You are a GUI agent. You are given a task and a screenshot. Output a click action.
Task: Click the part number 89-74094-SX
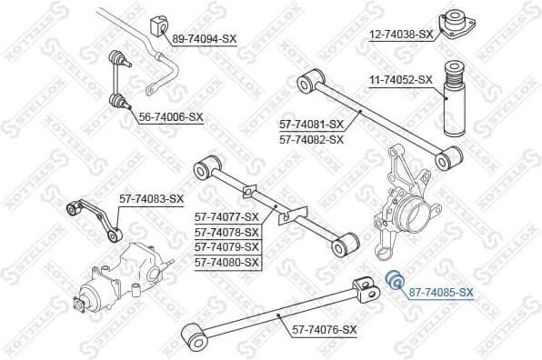click(205, 39)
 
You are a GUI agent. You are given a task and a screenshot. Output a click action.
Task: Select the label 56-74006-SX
click(171, 116)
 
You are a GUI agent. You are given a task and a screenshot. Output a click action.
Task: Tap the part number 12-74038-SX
click(401, 34)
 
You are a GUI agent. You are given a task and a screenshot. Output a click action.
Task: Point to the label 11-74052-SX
click(400, 80)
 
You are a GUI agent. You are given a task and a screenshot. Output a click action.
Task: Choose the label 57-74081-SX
click(311, 124)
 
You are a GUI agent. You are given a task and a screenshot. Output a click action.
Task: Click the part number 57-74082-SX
click(311, 139)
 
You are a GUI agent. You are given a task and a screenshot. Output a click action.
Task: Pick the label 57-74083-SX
click(151, 198)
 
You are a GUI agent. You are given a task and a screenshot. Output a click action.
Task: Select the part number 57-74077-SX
click(226, 216)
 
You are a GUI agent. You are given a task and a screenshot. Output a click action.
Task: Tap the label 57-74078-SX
click(226, 232)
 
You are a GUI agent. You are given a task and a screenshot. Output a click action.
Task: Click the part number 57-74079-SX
click(226, 246)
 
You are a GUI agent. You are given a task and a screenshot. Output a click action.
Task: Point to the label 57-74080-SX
click(226, 262)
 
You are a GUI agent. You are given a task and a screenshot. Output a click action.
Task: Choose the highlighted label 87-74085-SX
click(441, 292)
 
